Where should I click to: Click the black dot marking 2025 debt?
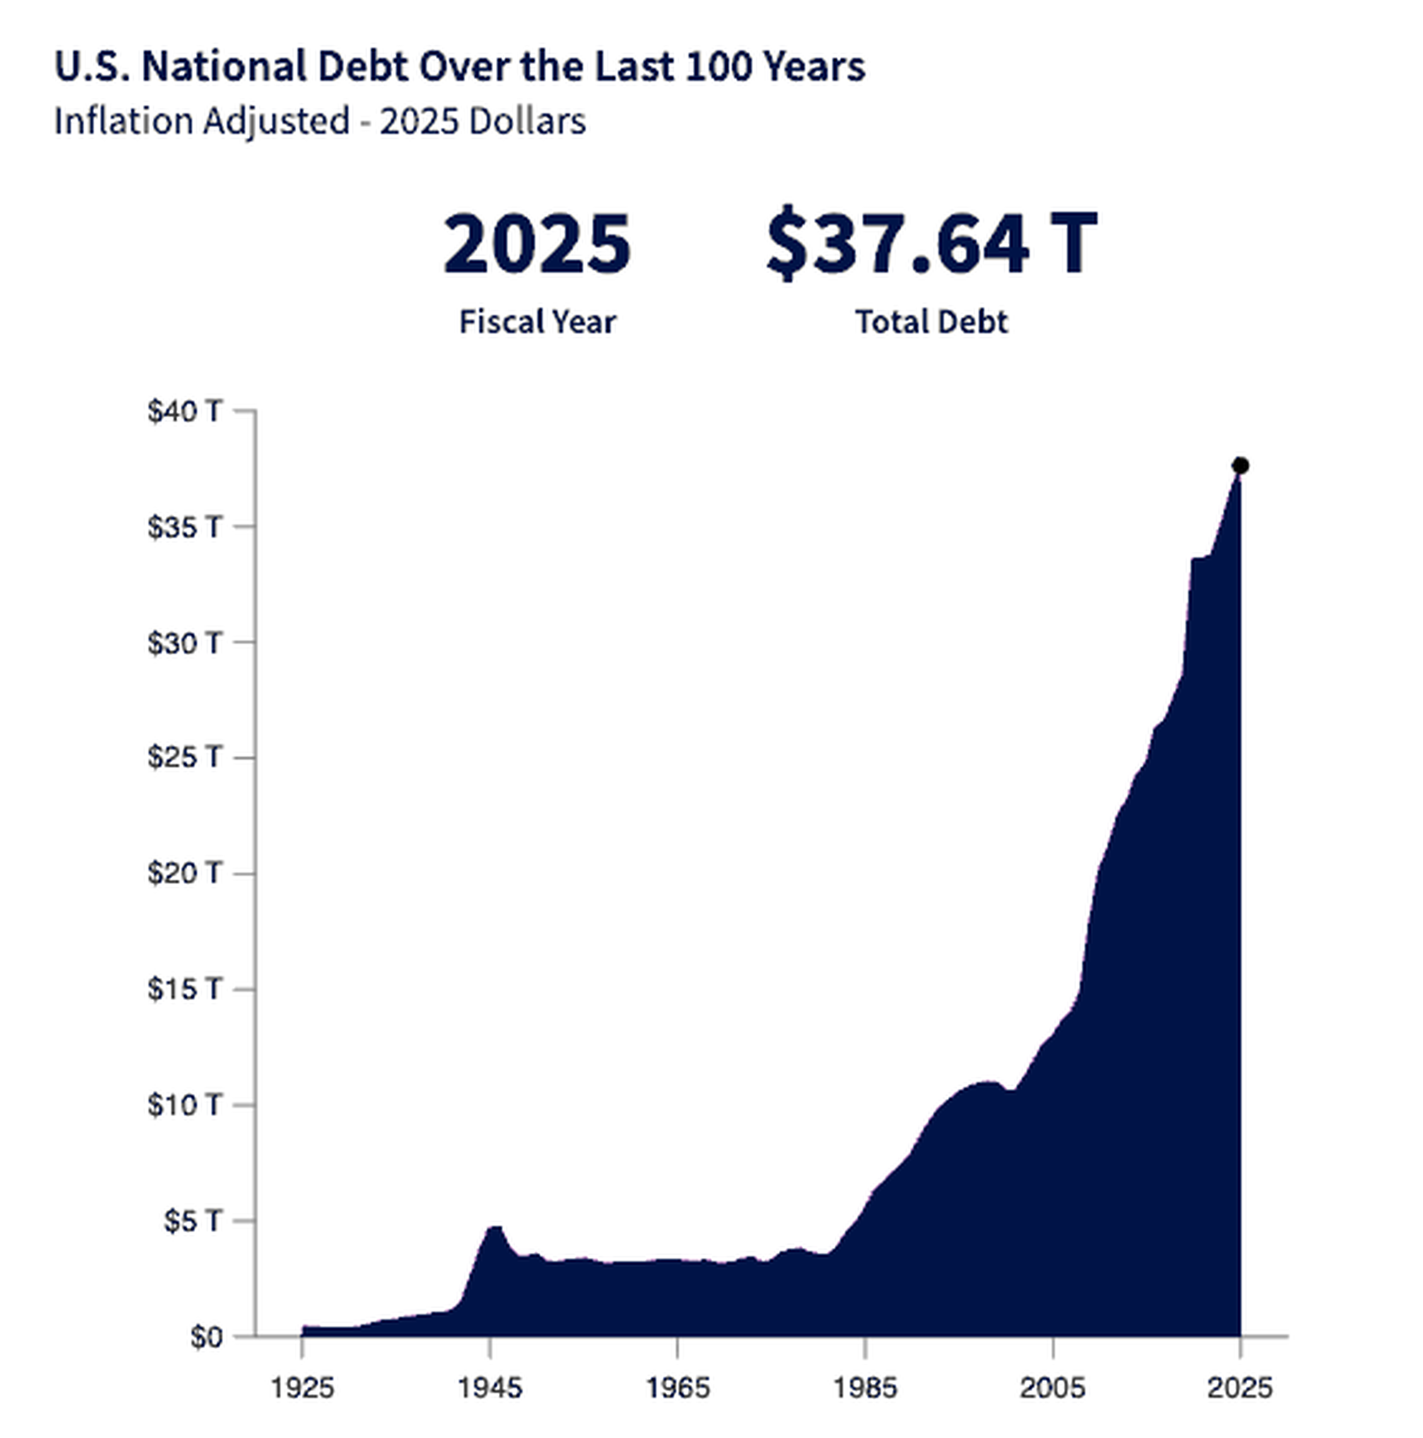[1240, 466]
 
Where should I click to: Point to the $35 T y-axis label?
[185, 527]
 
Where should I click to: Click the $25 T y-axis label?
[185, 757]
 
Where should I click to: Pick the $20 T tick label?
[185, 873]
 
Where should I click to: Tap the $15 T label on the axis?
[185, 989]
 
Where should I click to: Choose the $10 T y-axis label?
[185, 1104]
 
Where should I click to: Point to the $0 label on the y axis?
[206, 1337]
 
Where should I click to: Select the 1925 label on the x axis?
[302, 1388]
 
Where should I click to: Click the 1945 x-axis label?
[489, 1388]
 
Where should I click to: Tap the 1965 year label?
[677, 1388]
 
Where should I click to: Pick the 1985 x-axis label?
[865, 1388]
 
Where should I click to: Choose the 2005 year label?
[1052, 1388]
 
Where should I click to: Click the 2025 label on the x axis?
[1240, 1388]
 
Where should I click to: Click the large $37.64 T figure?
[932, 244]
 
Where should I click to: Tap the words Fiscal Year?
[537, 322]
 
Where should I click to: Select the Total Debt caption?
[932, 322]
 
